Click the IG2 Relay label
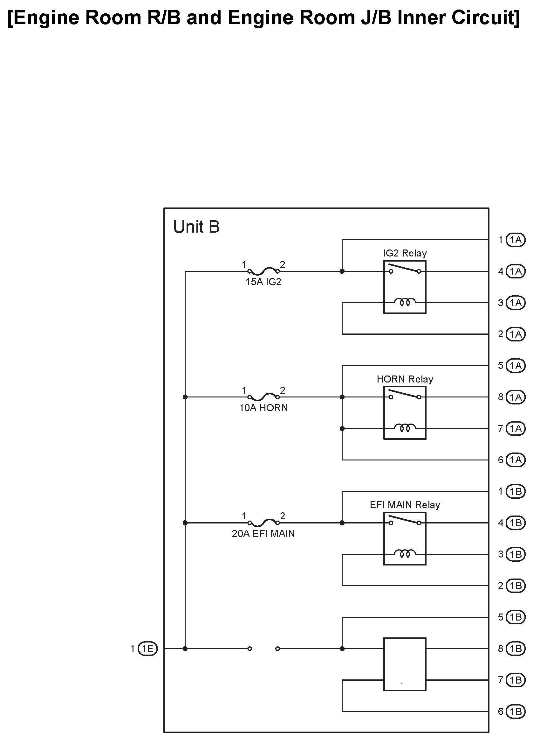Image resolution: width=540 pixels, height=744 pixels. (x=405, y=253)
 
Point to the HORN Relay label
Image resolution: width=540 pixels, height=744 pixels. (x=405, y=379)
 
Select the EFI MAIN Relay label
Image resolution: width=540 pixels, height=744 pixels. (x=405, y=505)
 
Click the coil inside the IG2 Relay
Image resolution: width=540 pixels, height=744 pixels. (x=405, y=302)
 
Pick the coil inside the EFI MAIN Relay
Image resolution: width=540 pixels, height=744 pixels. (x=405, y=553)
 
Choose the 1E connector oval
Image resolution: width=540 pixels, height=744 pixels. (x=147, y=649)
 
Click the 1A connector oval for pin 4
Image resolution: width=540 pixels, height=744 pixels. (x=516, y=271)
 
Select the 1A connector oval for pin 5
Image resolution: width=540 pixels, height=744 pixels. (x=516, y=365)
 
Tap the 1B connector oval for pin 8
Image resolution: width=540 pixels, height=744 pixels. (x=516, y=649)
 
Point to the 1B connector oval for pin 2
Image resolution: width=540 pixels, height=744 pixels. (x=516, y=586)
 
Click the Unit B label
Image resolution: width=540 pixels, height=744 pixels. (x=196, y=227)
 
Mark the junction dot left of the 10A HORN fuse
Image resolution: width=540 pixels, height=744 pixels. (x=185, y=397)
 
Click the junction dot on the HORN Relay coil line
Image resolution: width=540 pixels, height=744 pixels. (x=342, y=428)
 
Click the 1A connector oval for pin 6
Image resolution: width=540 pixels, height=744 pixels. (x=516, y=460)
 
